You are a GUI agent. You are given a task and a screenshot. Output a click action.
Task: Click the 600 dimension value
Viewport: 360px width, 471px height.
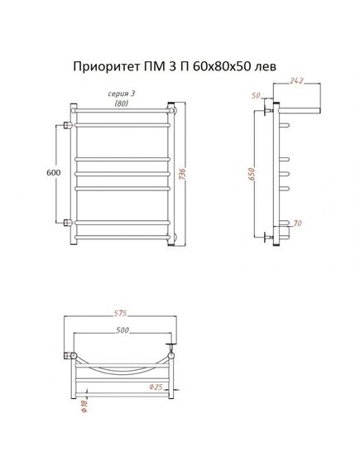(x=54, y=173)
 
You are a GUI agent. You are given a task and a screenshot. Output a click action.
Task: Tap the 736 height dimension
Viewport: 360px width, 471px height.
(x=182, y=174)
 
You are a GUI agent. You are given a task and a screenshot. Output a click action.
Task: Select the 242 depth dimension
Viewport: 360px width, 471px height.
(x=297, y=80)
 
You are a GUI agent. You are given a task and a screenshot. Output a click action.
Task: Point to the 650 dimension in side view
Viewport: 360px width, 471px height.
(x=252, y=174)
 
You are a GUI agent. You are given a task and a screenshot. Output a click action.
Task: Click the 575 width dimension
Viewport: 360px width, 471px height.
(x=120, y=313)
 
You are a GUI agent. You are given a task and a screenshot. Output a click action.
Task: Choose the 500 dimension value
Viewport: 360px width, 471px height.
(x=122, y=330)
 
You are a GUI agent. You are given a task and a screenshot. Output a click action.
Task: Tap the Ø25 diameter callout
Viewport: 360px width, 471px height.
(x=156, y=387)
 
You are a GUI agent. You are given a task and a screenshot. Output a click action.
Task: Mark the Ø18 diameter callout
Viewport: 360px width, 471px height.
(x=84, y=406)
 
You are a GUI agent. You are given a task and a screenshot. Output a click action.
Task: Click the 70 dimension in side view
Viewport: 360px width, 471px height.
(x=297, y=223)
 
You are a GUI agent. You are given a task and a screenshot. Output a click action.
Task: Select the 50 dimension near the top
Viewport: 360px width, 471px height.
(x=256, y=96)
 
